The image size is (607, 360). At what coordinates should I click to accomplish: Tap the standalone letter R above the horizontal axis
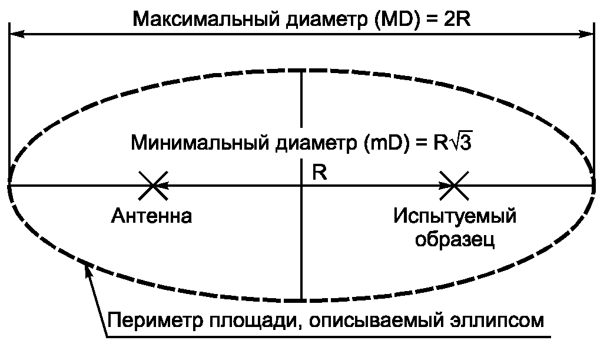(320, 173)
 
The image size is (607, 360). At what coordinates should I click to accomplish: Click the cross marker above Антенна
(153, 186)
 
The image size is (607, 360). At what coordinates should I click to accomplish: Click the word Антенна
(152, 216)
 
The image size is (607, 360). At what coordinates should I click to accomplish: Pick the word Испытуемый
(455, 216)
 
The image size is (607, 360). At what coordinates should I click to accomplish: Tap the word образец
(455, 239)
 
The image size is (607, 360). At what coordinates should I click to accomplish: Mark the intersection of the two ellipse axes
(302, 186)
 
